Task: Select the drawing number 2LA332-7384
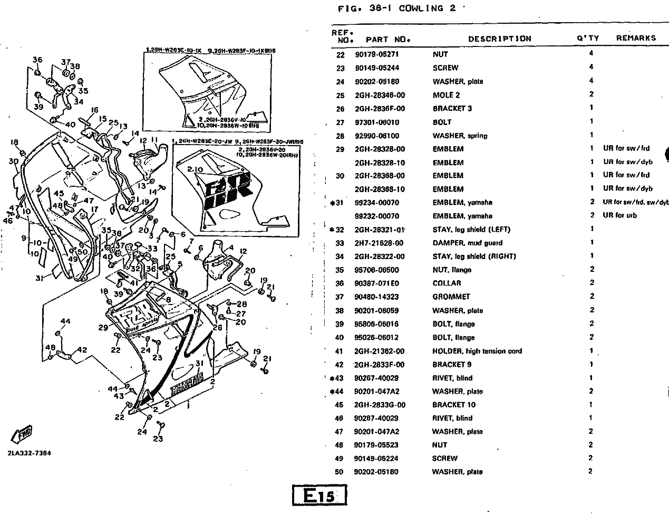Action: [30, 453]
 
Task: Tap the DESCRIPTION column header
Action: [499, 39]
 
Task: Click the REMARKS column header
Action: [636, 38]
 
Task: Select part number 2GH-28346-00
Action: [380, 94]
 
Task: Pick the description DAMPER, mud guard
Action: [467, 243]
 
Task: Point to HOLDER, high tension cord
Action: [477, 351]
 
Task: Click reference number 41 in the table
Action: [339, 351]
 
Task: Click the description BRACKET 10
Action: [453, 405]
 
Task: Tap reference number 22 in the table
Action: [340, 54]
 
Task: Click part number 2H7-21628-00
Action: [379, 243]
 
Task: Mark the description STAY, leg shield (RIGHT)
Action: [474, 256]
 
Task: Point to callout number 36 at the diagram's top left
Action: [37, 60]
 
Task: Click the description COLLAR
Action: [447, 283]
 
